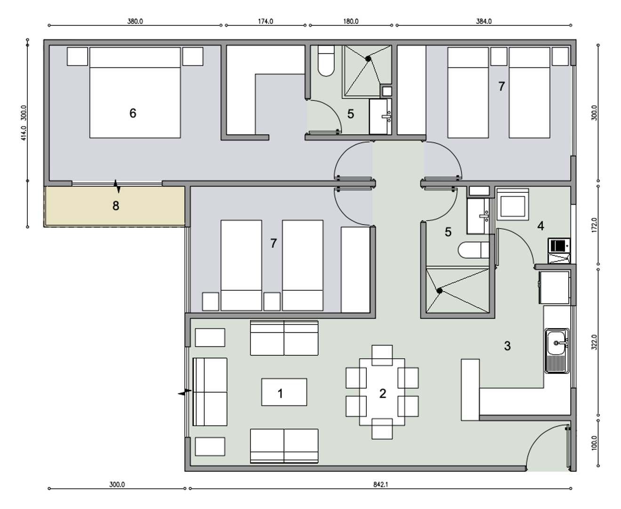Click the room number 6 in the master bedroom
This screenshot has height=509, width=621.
133,113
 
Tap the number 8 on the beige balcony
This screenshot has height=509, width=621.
116,206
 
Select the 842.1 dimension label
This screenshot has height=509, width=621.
380,484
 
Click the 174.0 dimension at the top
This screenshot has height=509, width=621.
265,21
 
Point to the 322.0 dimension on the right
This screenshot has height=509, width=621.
594,342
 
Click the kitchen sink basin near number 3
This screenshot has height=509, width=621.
556,343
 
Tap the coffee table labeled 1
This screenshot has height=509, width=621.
284,392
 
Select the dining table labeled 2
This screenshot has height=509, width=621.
382,392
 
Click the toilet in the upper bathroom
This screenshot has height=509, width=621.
326,61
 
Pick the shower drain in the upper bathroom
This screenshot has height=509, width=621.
368,59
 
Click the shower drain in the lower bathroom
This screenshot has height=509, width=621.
440,291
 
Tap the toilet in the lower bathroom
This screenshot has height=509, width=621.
474,250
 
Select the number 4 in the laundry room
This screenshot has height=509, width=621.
540,226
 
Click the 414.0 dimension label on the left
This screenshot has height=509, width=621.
24,133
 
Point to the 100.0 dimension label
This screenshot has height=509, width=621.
594,443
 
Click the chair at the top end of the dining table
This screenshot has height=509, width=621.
382,355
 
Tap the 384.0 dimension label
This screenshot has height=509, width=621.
484,21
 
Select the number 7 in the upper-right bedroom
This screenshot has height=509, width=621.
502,86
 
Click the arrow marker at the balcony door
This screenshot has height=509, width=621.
117,186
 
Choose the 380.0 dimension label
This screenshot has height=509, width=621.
135,21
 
